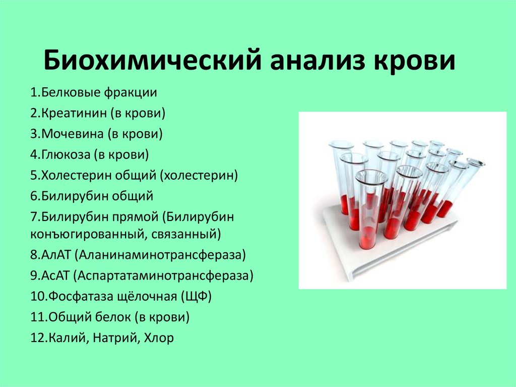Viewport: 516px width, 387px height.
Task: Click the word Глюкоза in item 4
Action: click(x=66, y=154)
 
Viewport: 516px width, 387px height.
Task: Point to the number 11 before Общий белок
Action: click(x=38, y=317)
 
